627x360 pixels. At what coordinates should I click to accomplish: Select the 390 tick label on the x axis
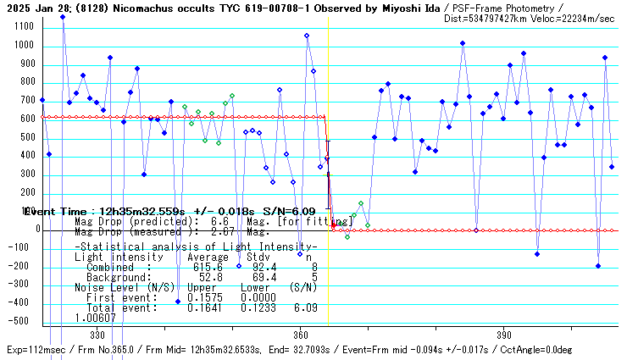coord(504,335)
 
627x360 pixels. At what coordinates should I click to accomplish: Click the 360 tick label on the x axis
coord(299,335)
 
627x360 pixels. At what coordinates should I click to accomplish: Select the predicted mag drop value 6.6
coord(218,220)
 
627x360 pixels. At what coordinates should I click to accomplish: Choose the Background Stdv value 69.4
coord(256,277)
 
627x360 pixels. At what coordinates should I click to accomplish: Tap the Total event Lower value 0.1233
coord(256,308)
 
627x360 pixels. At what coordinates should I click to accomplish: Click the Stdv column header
coord(258,256)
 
